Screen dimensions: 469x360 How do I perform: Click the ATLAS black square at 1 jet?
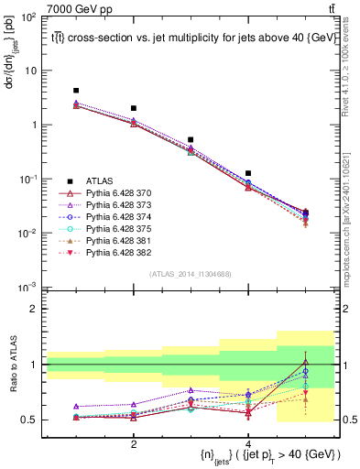coord(76,91)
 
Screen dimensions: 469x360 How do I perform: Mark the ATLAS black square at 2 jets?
coord(134,108)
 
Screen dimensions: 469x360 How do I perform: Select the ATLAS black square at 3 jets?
coord(191,140)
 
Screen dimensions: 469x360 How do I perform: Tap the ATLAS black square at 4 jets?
coord(248,173)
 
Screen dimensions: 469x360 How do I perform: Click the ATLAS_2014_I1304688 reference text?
coord(191,275)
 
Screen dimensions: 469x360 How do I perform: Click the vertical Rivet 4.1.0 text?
coord(352,69)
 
